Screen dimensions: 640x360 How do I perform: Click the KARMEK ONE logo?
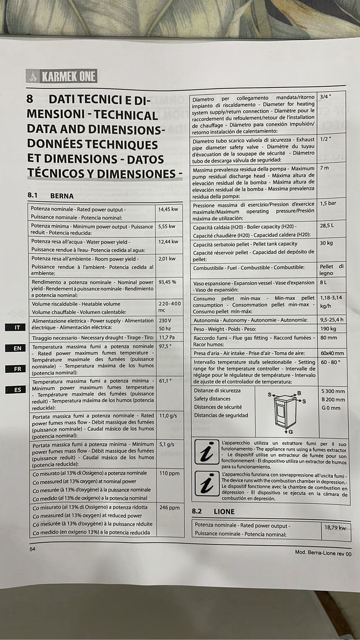click(62, 76)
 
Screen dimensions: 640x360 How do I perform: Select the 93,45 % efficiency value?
click(167, 282)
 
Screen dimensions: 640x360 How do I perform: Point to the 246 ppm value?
click(169, 508)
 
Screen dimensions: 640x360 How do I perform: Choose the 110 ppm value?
click(169, 474)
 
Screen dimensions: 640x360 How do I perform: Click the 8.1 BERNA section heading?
click(51, 196)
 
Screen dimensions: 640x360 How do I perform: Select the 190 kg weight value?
click(328, 328)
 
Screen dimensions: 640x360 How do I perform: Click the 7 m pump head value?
click(325, 169)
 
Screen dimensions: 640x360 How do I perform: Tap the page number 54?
click(33, 548)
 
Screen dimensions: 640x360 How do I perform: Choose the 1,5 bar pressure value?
click(328, 204)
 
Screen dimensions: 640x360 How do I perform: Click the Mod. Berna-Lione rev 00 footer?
click(323, 553)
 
